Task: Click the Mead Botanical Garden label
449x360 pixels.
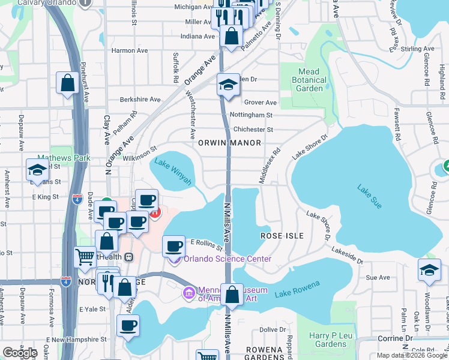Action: click(309, 80)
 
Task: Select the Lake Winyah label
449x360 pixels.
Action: click(173, 171)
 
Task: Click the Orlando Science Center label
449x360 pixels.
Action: click(228, 259)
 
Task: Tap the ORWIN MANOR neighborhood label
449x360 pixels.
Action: click(229, 143)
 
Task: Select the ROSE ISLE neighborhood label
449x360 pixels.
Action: click(282, 236)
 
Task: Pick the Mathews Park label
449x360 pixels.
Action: click(71, 158)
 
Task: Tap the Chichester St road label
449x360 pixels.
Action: click(253, 129)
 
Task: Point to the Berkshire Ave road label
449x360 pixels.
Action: click(140, 100)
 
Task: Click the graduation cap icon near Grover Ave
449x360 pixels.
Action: click(228, 85)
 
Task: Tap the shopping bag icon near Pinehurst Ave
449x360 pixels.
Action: click(67, 83)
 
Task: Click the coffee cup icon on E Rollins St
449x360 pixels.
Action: click(173, 246)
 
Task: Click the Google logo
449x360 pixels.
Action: click(20, 353)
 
